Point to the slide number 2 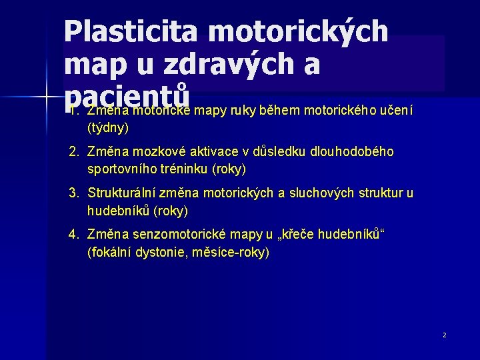pyautogui.click(x=445, y=335)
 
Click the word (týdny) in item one pyautogui.click(x=108, y=127)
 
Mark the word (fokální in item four pyautogui.click(x=109, y=253)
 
